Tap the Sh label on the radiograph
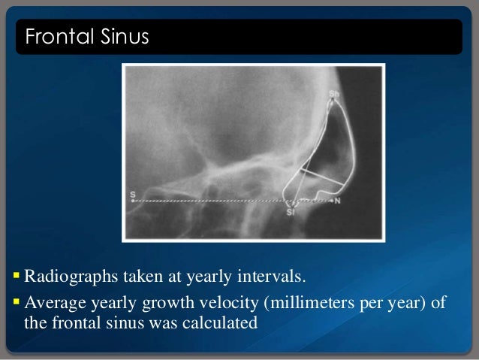[334, 94]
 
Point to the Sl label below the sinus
[291, 213]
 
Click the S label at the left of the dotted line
[133, 195]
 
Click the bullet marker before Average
[17, 303]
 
